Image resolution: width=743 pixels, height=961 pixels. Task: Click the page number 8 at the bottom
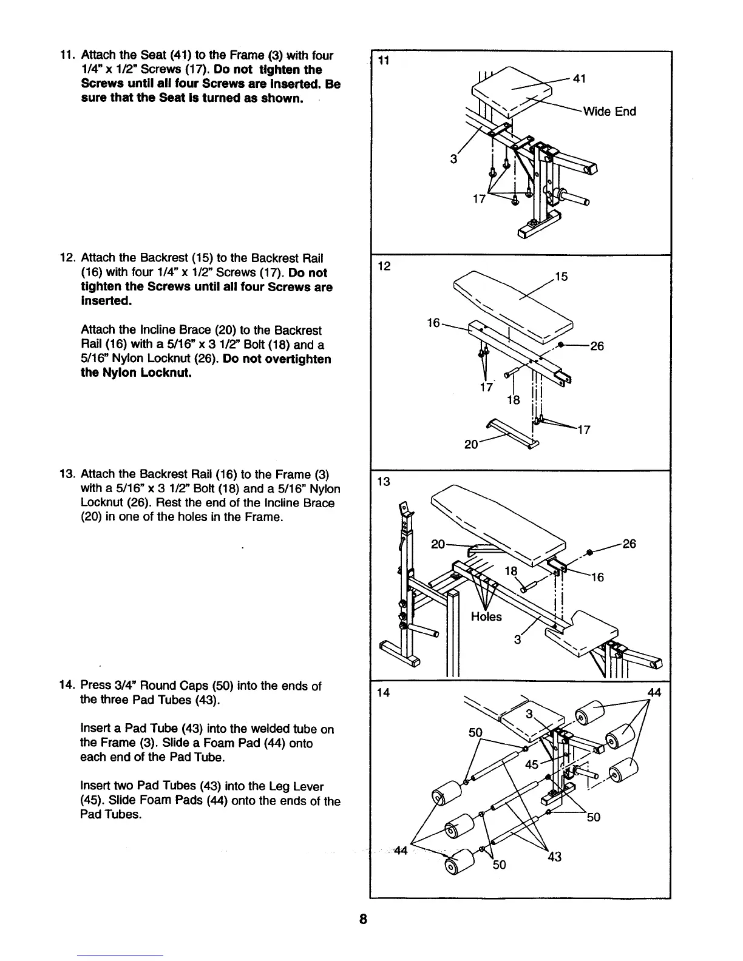pyautogui.click(x=362, y=919)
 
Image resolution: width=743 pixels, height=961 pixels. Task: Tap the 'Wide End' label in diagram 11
pyautogui.click(x=609, y=112)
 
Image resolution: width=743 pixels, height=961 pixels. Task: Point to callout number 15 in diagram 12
pyautogui.click(x=561, y=277)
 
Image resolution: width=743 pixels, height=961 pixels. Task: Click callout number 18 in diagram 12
pyautogui.click(x=514, y=399)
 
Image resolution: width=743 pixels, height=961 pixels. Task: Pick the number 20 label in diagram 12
pyautogui.click(x=471, y=444)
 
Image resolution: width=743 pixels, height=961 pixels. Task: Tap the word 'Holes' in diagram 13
pyautogui.click(x=486, y=617)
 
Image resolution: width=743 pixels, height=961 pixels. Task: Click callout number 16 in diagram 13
pyautogui.click(x=597, y=577)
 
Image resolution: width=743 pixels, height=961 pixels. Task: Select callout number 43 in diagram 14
pyautogui.click(x=554, y=857)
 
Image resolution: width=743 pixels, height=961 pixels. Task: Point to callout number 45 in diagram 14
pyautogui.click(x=532, y=764)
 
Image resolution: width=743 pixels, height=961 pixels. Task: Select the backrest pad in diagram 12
pyautogui.click(x=513, y=303)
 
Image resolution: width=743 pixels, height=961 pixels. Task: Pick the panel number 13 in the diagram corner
pyautogui.click(x=383, y=482)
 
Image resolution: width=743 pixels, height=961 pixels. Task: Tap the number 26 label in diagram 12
pyautogui.click(x=597, y=346)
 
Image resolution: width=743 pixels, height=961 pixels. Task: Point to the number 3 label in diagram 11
pyautogui.click(x=453, y=160)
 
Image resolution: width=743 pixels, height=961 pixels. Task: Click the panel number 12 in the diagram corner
pyautogui.click(x=383, y=266)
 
